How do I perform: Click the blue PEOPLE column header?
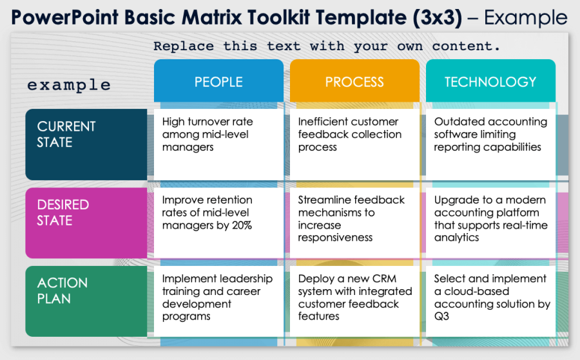(x=218, y=82)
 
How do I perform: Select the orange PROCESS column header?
(x=354, y=82)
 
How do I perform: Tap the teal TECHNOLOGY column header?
(x=490, y=82)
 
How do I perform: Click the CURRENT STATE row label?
(x=86, y=144)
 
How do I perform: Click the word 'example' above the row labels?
(x=69, y=85)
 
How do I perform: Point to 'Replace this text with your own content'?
(x=327, y=46)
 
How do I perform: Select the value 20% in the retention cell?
(x=240, y=225)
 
